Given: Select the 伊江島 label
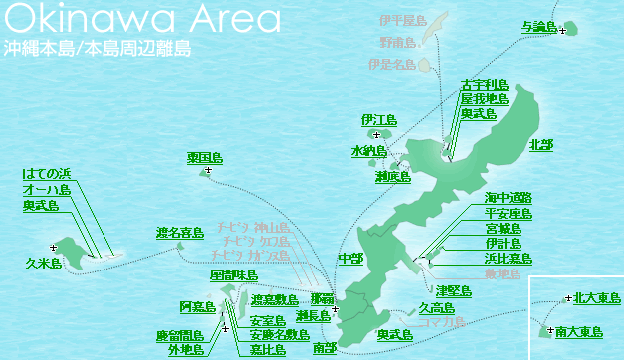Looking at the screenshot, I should (379, 120).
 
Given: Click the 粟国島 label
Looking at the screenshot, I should (205, 158).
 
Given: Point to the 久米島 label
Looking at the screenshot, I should (44, 264).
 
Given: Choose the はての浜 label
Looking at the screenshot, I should (47, 174).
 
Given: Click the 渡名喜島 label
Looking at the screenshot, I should (180, 233).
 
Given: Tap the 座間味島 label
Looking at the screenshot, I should (234, 274).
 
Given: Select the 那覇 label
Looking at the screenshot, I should (322, 299).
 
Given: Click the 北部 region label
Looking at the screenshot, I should (542, 145).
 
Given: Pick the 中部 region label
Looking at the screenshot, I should (350, 258).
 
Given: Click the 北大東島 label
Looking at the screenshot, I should (597, 298).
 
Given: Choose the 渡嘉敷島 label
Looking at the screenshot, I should (274, 299).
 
